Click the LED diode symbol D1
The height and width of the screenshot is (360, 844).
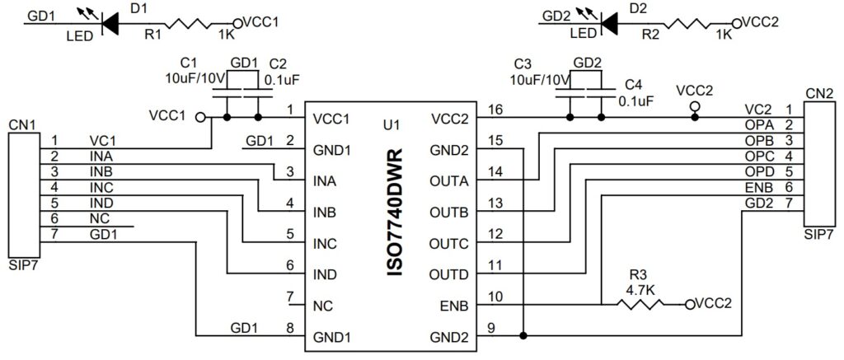pos(110,24)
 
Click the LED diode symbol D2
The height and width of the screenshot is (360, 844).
pos(609,24)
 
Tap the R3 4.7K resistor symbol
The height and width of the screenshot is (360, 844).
pos(640,305)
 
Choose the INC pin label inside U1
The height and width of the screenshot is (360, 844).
pos(325,244)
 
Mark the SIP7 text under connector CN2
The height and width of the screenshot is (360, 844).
pos(818,234)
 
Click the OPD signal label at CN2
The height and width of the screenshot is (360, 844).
pos(758,171)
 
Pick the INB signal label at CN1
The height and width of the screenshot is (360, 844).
pos(102,171)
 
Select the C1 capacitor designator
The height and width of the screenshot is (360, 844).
pos(189,63)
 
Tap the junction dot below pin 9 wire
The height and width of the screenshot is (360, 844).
pos(523,335)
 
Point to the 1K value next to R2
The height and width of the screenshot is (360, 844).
pos(724,35)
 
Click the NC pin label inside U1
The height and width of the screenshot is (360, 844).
pos(323,306)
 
